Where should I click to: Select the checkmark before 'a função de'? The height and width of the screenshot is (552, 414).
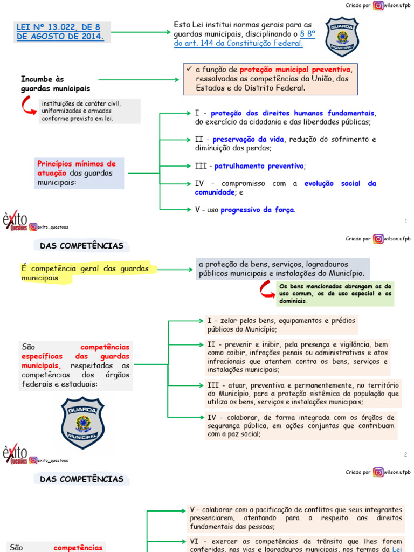pyautogui.click(x=188, y=70)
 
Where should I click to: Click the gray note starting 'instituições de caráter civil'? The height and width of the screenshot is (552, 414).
pyautogui.click(x=89, y=111)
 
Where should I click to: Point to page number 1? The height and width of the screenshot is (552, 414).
pyautogui.click(x=405, y=221)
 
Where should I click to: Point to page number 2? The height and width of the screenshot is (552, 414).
pyautogui.click(x=405, y=454)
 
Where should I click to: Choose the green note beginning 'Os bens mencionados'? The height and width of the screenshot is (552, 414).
pyautogui.click(x=335, y=293)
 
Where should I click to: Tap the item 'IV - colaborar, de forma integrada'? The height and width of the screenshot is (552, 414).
pyautogui.click(x=301, y=425)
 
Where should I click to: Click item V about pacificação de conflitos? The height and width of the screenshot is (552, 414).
pyautogui.click(x=296, y=518)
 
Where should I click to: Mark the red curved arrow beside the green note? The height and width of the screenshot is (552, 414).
pyautogui.click(x=266, y=290)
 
